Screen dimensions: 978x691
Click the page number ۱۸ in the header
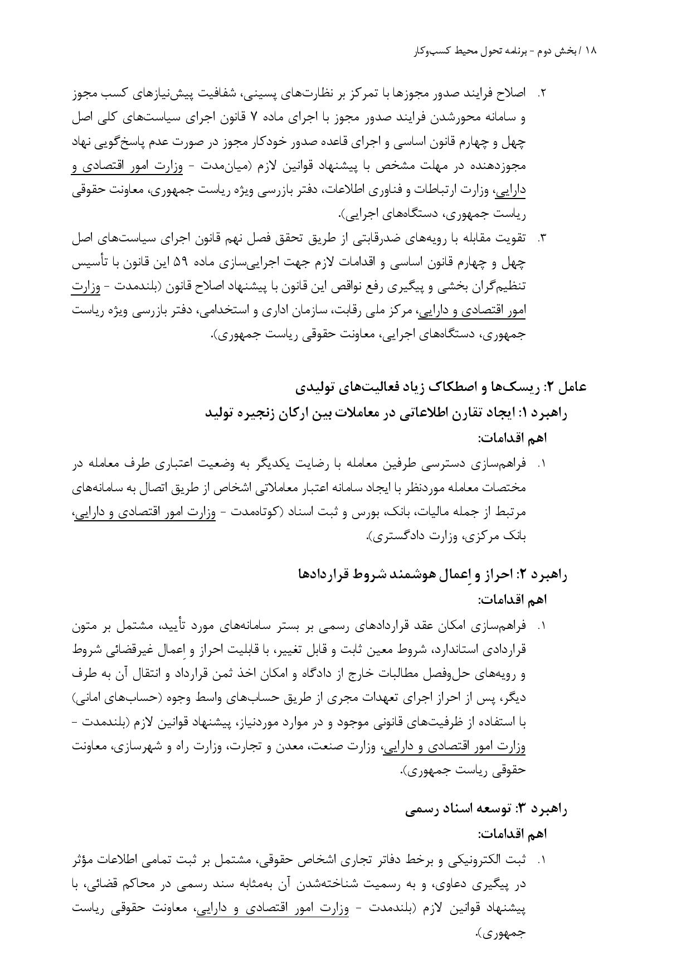591,51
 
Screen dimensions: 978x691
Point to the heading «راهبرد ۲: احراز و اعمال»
432,575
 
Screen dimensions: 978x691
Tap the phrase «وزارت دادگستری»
411,537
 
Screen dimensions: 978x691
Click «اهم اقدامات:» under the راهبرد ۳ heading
512,834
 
